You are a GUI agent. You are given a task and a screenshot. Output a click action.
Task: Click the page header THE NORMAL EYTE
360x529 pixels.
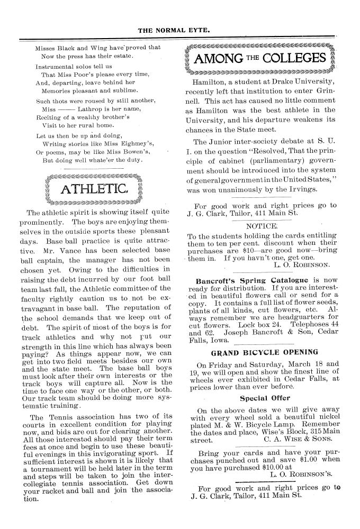click(x=180, y=30)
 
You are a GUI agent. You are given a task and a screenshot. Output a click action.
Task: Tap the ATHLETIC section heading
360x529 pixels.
click(x=94, y=189)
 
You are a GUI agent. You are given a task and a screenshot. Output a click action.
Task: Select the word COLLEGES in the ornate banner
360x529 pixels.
click(x=295, y=58)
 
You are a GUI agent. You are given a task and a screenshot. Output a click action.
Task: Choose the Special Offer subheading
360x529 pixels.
click(x=264, y=397)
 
